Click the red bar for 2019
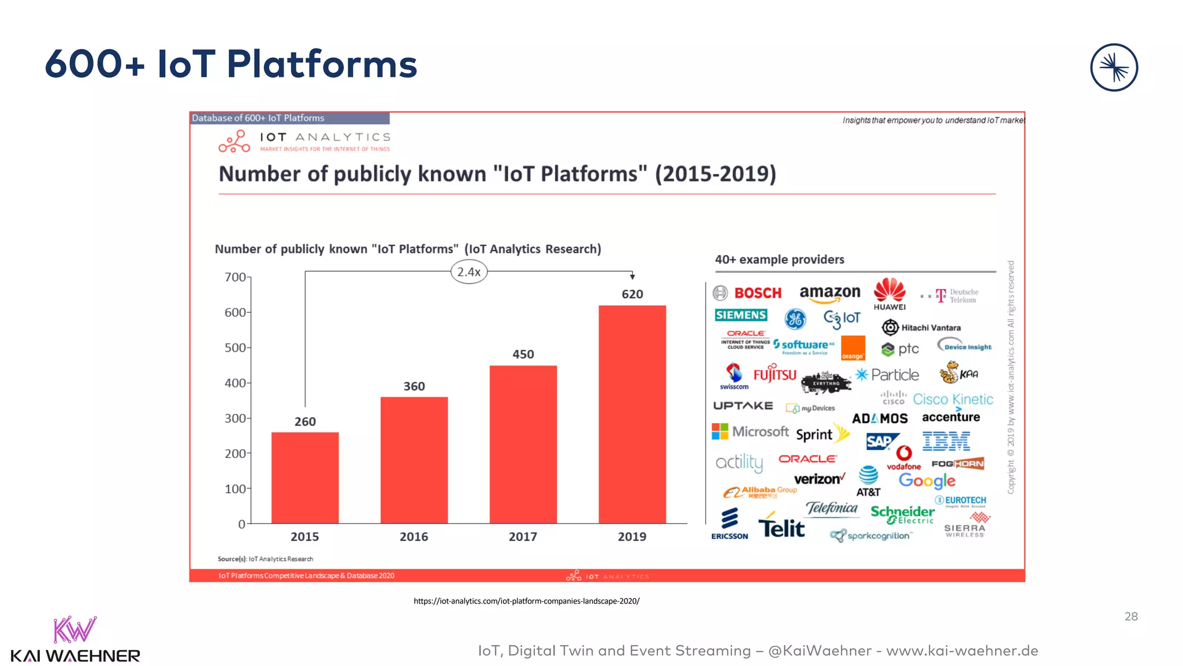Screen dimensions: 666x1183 (x=632, y=414)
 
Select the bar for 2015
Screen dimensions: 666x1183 (x=305, y=478)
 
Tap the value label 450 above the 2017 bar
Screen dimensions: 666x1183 (x=523, y=354)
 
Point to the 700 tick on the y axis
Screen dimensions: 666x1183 (x=236, y=277)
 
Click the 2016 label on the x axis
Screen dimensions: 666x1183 (x=414, y=536)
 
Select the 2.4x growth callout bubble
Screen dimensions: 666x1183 (x=468, y=272)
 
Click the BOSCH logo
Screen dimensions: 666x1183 (x=749, y=293)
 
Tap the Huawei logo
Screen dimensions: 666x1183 (x=890, y=294)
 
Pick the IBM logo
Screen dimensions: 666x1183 (x=946, y=441)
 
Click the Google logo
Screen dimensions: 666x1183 (x=927, y=480)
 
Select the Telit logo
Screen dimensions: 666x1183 (x=781, y=526)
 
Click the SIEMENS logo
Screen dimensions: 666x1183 (x=741, y=315)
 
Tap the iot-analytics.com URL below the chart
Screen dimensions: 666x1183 (x=526, y=601)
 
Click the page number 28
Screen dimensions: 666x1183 (x=1130, y=617)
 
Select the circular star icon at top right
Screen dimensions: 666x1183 (x=1114, y=68)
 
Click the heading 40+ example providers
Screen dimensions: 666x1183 (x=779, y=260)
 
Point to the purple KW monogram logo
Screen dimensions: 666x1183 (x=75, y=630)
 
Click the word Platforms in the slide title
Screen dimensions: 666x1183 (x=322, y=64)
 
